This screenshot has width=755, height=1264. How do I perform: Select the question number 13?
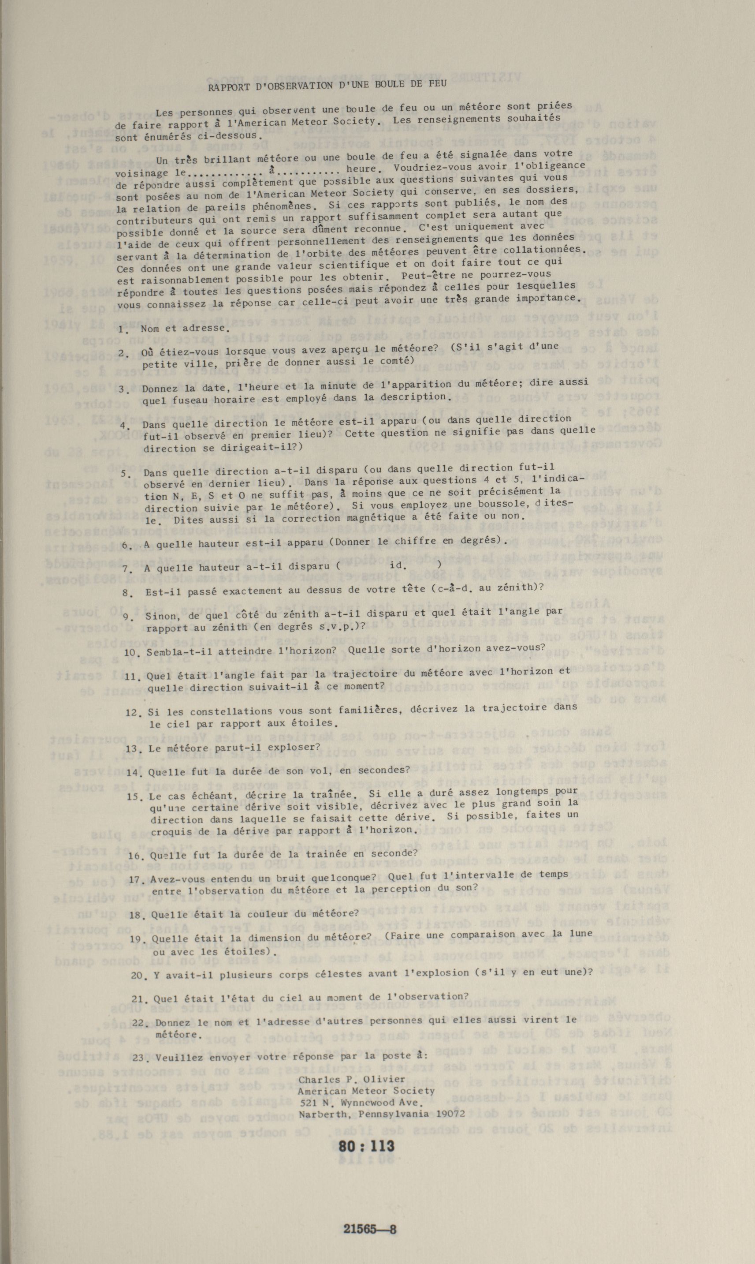[x=132, y=749]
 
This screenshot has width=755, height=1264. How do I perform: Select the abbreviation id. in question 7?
[x=398, y=565]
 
